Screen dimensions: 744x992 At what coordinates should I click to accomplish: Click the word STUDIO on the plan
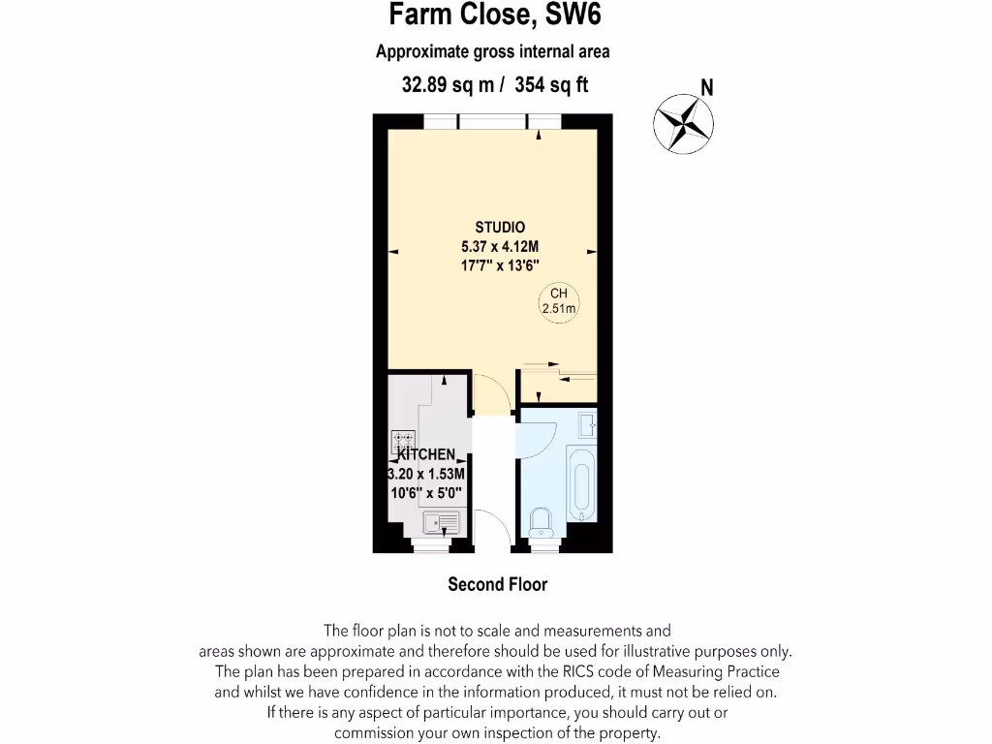(500, 228)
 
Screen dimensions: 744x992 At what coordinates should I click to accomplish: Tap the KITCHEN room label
(425, 454)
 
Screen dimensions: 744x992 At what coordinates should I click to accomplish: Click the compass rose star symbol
(683, 122)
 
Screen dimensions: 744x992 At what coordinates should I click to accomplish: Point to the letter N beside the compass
(707, 87)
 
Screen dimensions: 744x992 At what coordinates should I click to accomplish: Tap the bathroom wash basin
(587, 424)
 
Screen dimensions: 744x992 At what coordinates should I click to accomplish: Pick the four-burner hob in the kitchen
(403, 443)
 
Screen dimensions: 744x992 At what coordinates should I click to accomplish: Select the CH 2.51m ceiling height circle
(559, 301)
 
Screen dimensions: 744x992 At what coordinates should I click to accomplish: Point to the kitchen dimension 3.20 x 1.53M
(426, 474)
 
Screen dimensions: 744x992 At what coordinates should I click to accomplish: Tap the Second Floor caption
(497, 584)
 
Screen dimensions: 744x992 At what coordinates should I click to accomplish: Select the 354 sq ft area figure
(552, 85)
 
